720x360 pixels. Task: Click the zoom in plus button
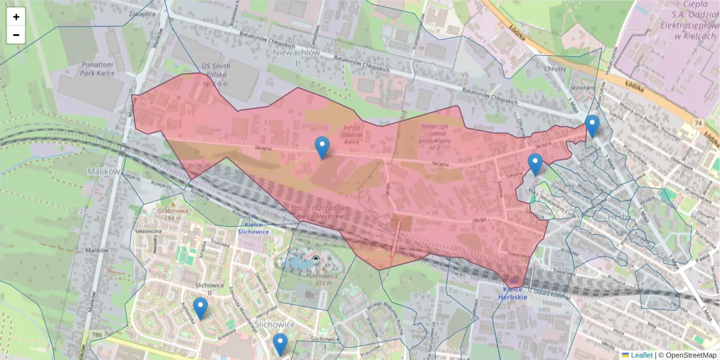(x=16, y=17)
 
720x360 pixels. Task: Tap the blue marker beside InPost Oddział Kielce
(x=322, y=148)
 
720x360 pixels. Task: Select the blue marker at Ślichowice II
(x=200, y=308)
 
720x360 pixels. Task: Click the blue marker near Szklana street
(x=535, y=164)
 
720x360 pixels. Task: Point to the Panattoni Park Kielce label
(x=97, y=68)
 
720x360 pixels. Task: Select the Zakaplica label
(x=142, y=13)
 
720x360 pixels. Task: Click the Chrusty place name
(x=554, y=68)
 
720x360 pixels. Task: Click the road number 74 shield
(x=698, y=122)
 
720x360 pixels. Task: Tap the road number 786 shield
(x=96, y=334)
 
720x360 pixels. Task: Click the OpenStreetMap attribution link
(x=689, y=355)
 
